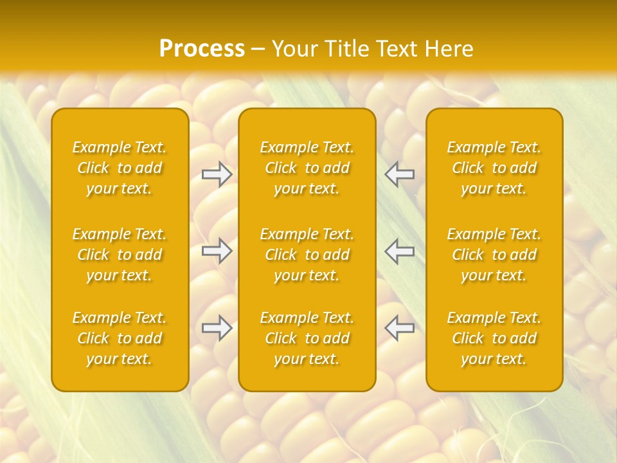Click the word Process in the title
pyautogui.click(x=202, y=49)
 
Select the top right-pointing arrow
pyautogui.click(x=217, y=174)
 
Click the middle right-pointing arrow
pyautogui.click(x=217, y=251)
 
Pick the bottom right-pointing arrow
pyautogui.click(x=217, y=328)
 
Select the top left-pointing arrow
pyautogui.click(x=400, y=174)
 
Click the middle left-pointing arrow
pyautogui.click(x=400, y=251)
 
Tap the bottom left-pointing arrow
pyautogui.click(x=400, y=328)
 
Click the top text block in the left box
pyautogui.click(x=120, y=168)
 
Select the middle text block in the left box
pyautogui.click(x=120, y=255)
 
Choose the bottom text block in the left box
pyautogui.click(x=120, y=338)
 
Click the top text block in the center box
pyautogui.click(x=307, y=168)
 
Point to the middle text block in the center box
pyautogui.click(x=307, y=255)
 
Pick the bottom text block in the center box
pyautogui.click(x=307, y=338)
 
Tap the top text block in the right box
pyautogui.click(x=494, y=168)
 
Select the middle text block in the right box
pyautogui.click(x=494, y=255)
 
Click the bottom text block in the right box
pyautogui.click(x=494, y=338)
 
